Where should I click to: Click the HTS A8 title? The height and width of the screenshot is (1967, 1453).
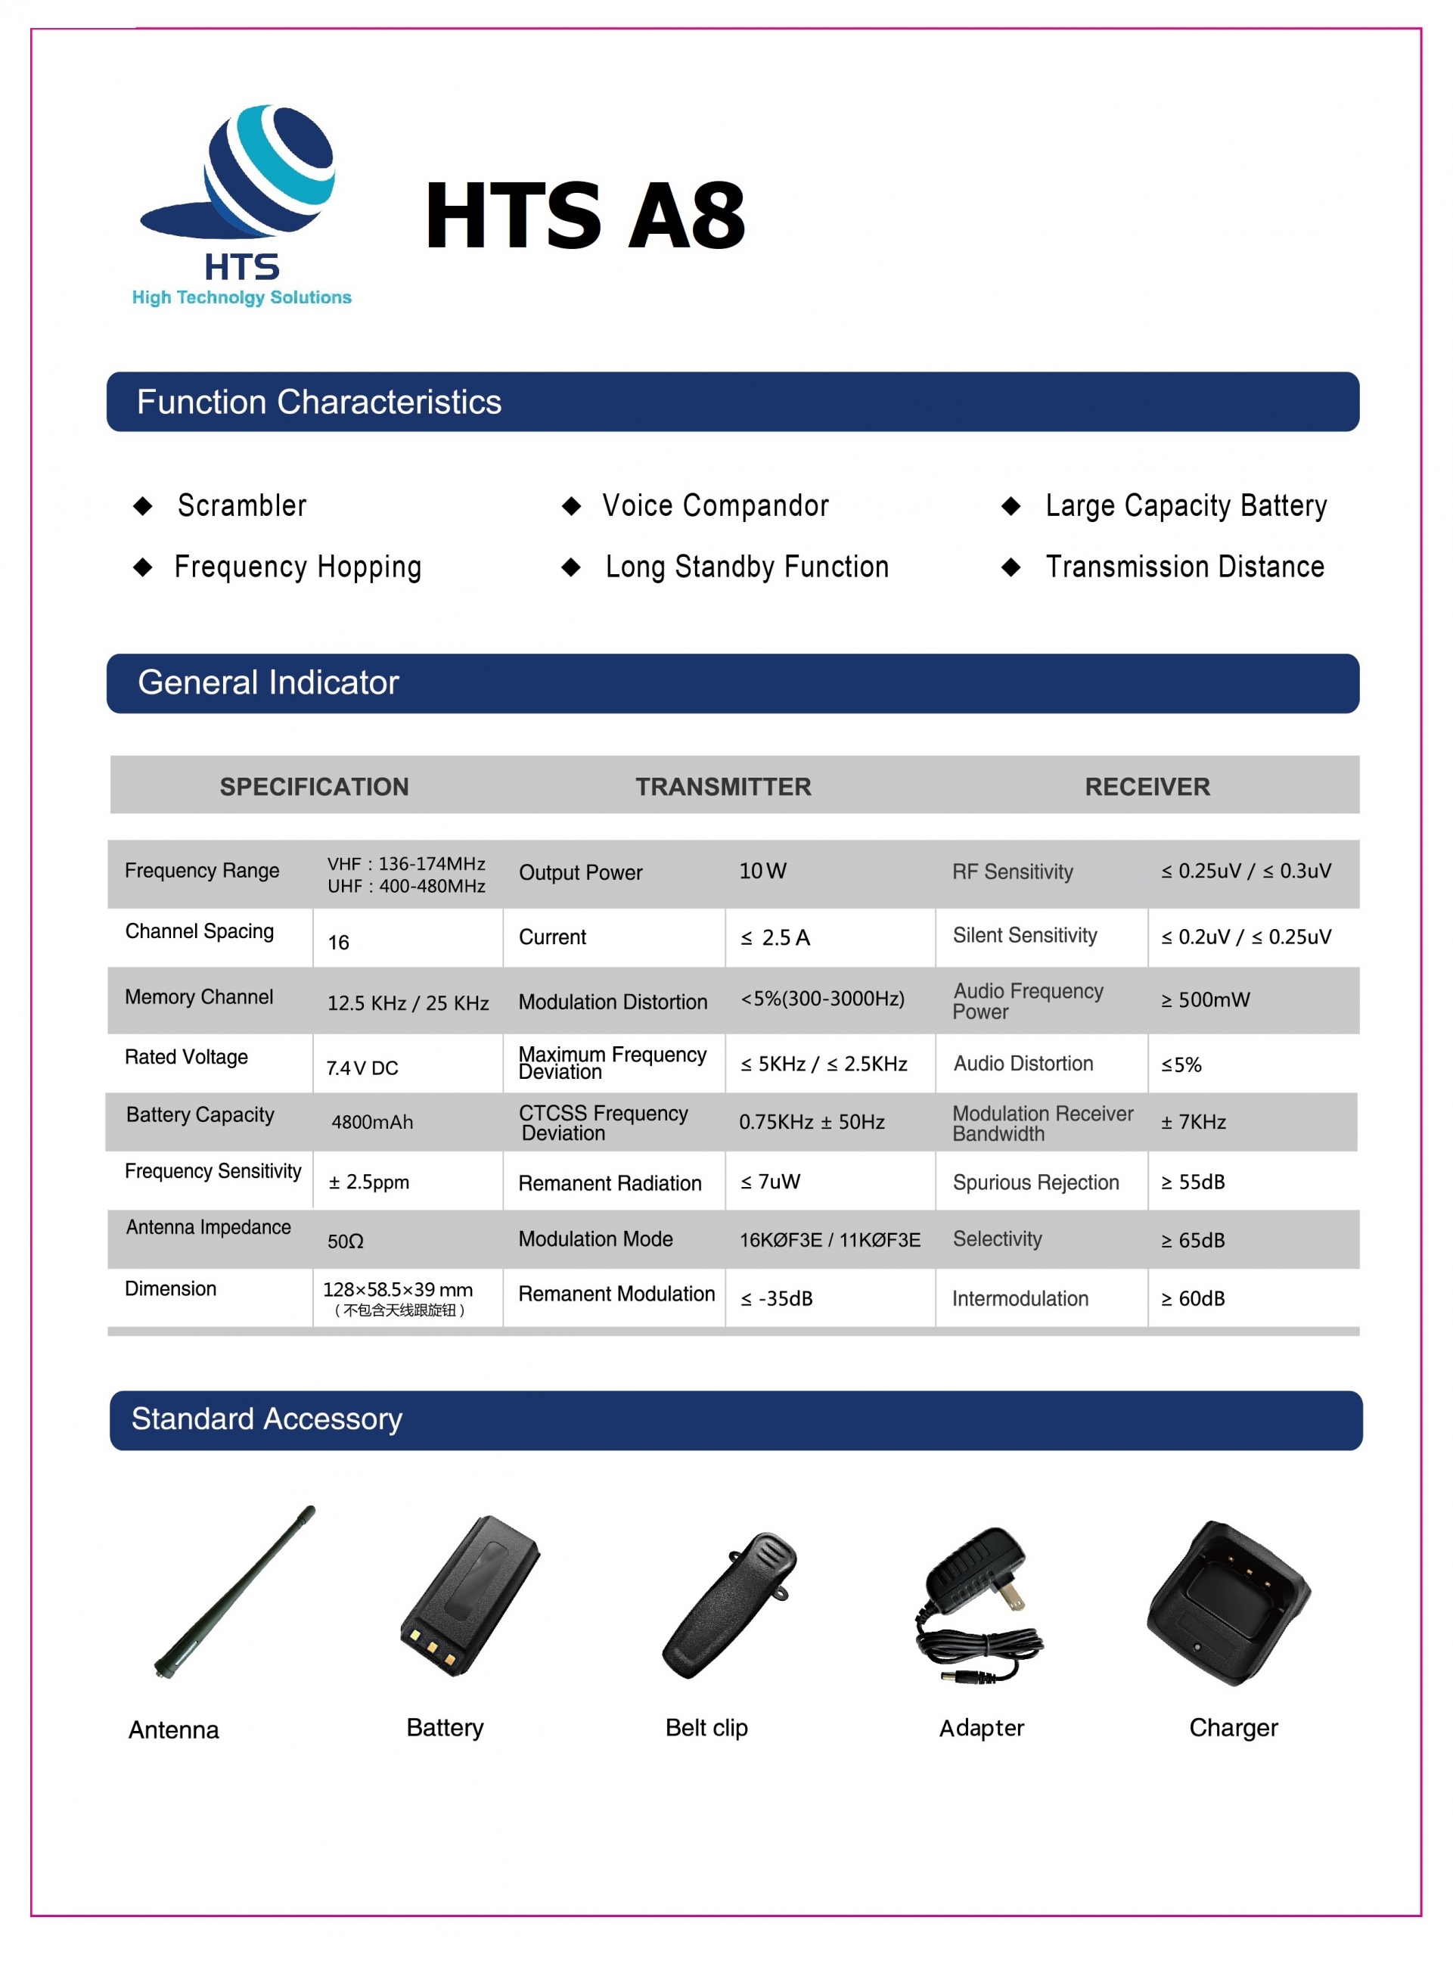pos(585,216)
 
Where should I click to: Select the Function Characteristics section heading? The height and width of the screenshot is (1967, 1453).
pos(318,402)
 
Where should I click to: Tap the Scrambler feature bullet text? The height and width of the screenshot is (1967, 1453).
pos(242,506)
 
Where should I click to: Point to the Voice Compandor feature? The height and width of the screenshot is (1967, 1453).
pos(715,506)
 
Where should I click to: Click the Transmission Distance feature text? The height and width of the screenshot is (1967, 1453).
pos(1184,567)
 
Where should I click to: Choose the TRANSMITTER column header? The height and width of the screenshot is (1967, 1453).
pos(723,787)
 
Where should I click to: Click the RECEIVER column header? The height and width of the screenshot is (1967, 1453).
pos(1147,787)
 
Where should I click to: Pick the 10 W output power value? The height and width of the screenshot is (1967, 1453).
pos(762,871)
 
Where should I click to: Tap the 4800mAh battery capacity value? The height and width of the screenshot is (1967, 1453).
pos(372,1122)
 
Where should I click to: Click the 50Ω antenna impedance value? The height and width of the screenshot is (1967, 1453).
pos(345,1241)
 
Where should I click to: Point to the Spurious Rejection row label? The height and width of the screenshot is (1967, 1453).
pos(1035,1182)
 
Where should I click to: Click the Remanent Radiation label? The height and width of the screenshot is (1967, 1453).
pos(610,1183)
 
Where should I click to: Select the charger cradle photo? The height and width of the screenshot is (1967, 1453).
pos(1228,1603)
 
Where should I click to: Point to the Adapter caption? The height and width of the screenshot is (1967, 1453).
pos(982,1728)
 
